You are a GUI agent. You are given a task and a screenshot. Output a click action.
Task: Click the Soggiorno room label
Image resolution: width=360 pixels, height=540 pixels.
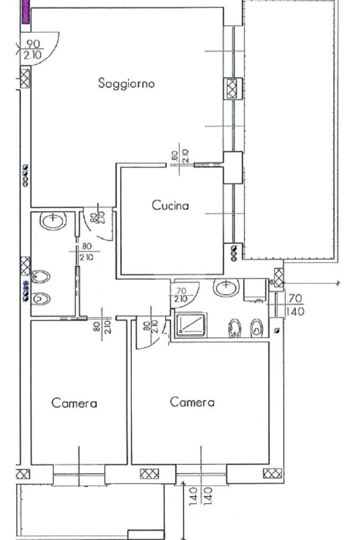(x=127, y=83)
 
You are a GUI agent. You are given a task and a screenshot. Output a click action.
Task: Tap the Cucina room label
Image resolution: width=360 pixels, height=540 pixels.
(x=170, y=205)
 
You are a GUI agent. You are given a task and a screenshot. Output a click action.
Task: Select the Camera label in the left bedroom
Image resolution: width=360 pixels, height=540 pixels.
(x=74, y=403)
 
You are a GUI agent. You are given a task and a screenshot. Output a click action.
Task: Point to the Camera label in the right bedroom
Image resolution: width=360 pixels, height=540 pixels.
(x=192, y=402)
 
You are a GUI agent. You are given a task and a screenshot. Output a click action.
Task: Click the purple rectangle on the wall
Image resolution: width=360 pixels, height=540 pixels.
(x=25, y=12)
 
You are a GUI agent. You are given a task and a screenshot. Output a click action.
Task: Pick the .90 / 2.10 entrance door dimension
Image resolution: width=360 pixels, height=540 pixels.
(x=32, y=49)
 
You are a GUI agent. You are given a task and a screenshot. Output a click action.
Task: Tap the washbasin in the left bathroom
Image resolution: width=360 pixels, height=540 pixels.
(x=53, y=221)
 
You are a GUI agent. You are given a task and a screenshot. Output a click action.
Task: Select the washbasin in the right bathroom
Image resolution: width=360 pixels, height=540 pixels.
(x=226, y=287)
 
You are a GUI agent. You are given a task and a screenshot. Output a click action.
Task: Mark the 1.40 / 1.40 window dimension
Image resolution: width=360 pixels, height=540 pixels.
(x=201, y=496)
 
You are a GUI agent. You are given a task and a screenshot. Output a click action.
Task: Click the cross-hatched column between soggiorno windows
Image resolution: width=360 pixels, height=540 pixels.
(x=232, y=89)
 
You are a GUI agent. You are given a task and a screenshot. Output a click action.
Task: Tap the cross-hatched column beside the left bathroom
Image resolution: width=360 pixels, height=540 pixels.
(x=25, y=266)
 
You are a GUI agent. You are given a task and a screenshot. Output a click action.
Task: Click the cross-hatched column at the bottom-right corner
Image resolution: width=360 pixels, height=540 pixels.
(x=272, y=473)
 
